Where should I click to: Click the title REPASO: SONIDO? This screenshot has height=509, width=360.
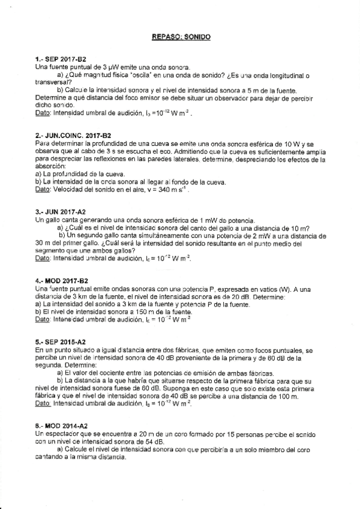pyautogui.click(x=181, y=37)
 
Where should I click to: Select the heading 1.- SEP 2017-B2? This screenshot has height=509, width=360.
pyautogui.click(x=62, y=59)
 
